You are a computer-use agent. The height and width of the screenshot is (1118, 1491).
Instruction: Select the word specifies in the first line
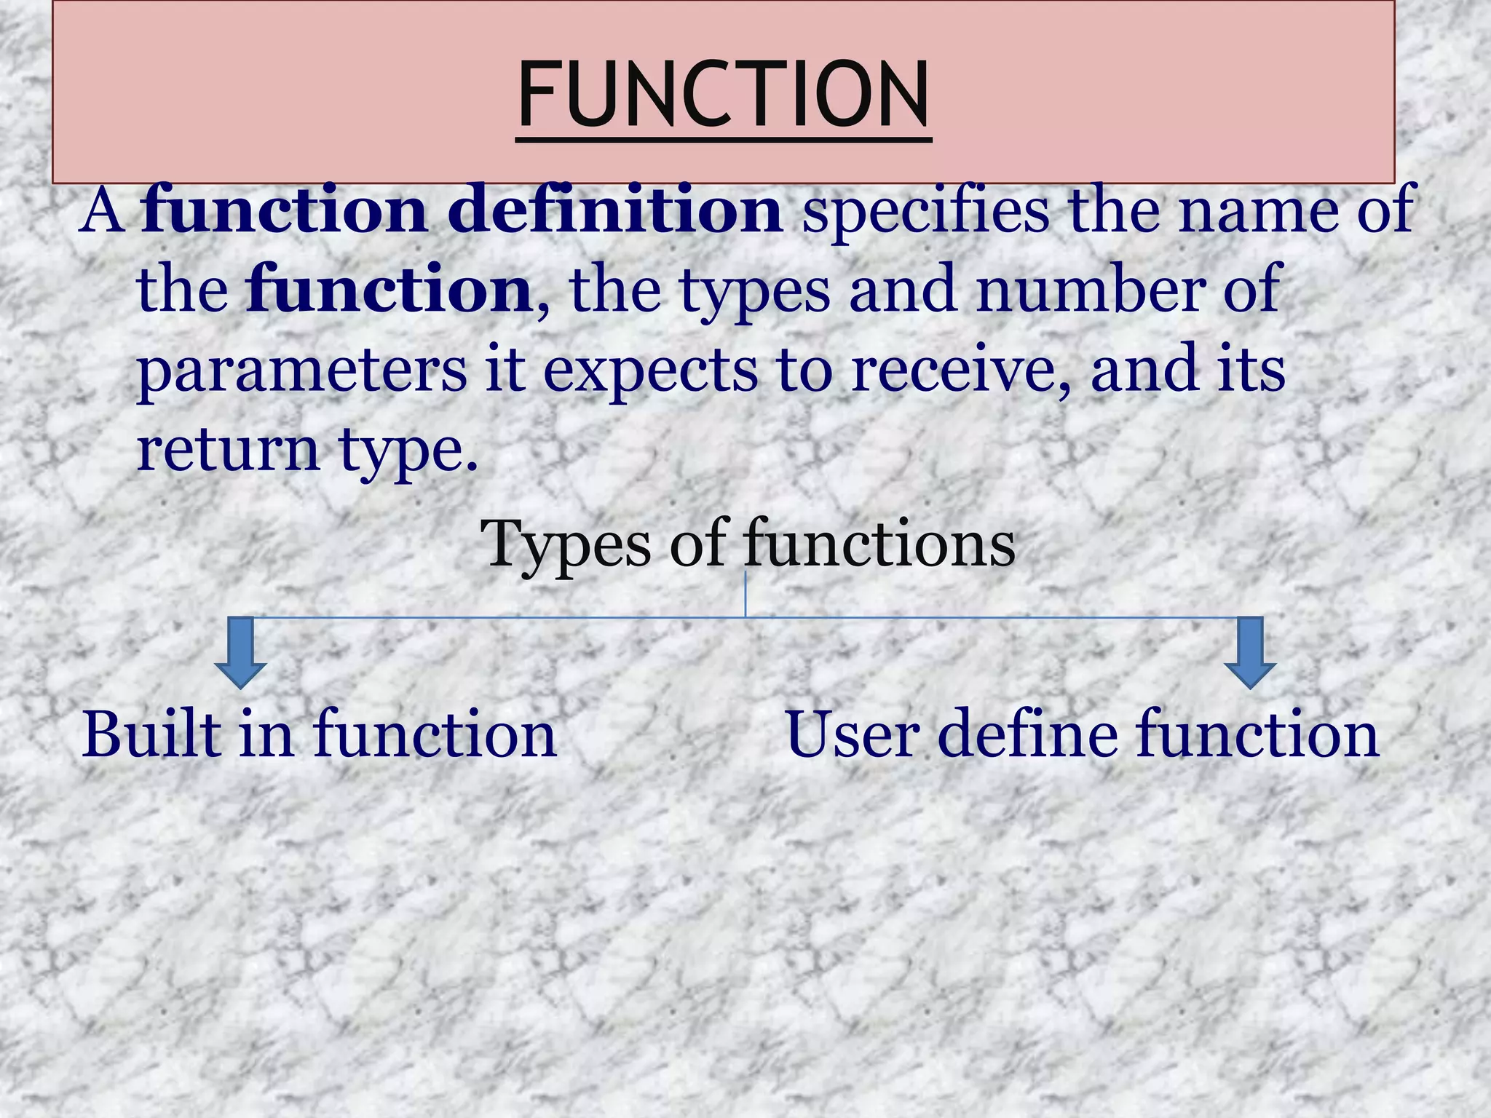(925, 210)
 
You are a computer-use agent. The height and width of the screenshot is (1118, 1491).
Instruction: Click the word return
(228, 449)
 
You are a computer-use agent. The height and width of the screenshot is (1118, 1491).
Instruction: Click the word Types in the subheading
(565, 544)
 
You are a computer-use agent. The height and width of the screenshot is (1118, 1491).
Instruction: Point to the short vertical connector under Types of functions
(745, 594)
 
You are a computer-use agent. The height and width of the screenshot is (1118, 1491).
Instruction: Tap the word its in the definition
(1259, 370)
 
